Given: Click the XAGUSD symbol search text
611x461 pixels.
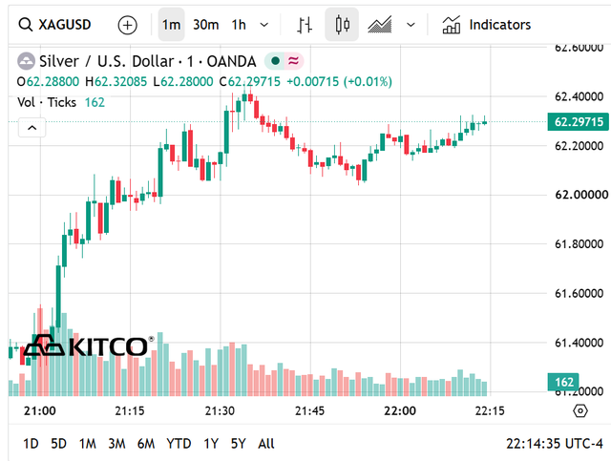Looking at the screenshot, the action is click(65, 25).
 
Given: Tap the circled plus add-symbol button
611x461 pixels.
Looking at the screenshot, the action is click(127, 26).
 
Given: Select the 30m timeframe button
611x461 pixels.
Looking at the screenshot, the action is click(206, 25).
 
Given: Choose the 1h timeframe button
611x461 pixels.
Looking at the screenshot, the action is click(239, 25).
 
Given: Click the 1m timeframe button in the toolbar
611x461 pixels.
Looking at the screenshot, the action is click(172, 25).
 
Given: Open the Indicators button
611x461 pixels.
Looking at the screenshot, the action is click(486, 25).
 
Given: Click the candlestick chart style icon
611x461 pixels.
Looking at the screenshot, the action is click(342, 25).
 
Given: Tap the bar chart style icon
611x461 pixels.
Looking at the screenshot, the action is click(305, 25).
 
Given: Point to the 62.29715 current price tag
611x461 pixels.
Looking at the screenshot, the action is click(579, 122).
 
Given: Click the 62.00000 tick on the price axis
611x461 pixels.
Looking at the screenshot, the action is click(581, 195).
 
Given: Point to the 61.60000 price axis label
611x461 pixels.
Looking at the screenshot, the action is click(579, 293).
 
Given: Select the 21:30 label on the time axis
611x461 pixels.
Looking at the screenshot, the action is click(220, 410).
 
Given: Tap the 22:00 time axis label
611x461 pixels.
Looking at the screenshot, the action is click(400, 410).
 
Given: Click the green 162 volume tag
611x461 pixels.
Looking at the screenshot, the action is click(563, 382).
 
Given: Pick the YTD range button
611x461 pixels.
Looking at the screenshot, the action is click(179, 444).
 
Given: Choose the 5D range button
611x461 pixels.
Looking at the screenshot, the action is click(59, 444).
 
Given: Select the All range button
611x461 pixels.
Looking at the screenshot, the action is click(266, 444).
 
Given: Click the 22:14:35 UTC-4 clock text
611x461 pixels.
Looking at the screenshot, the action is click(555, 444).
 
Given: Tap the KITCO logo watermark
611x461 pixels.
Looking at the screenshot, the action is click(89, 346).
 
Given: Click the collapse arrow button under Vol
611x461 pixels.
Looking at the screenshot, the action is click(32, 128).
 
